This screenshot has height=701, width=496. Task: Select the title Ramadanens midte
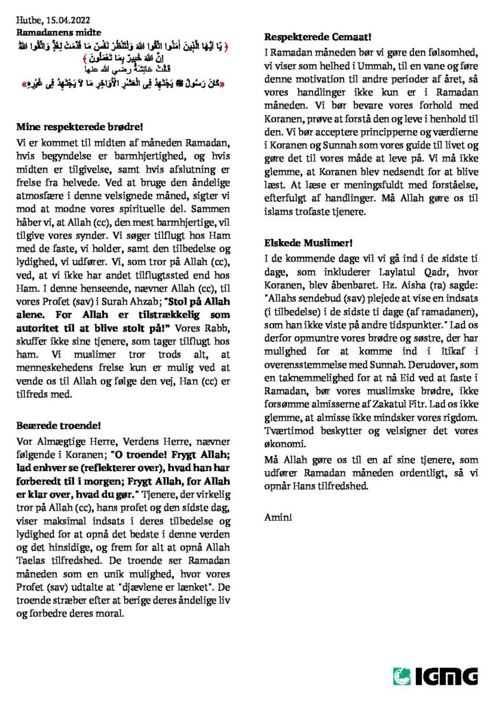tap(58, 31)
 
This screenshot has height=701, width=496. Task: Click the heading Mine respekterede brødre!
tap(80, 127)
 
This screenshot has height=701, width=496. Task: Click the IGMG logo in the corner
tap(435, 676)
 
